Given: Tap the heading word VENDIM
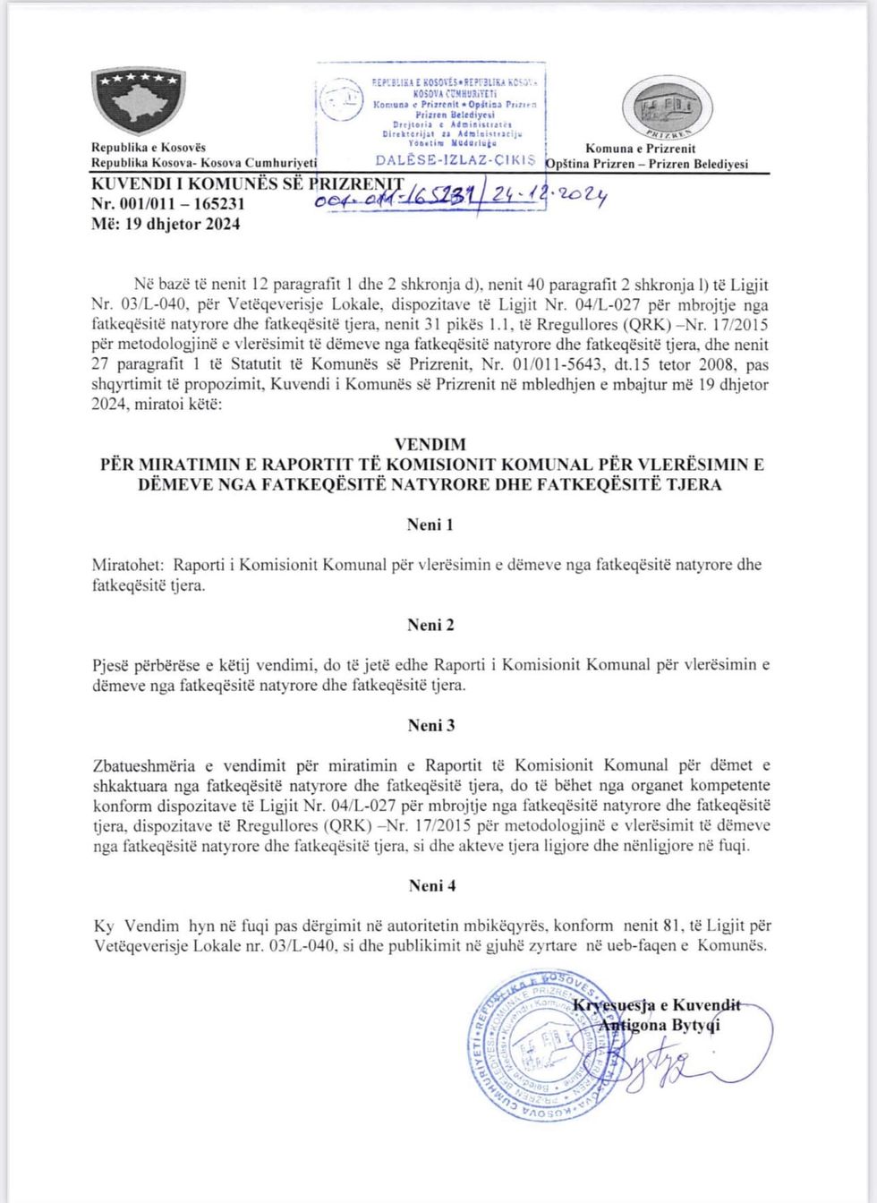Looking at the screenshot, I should point(430,444).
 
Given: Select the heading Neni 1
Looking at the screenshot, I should point(430,525).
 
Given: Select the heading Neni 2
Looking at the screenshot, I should point(430,625).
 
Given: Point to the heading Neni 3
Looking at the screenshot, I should point(430,725).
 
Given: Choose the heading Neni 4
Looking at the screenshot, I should point(431,885).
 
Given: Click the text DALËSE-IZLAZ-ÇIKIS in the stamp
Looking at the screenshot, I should point(455,160).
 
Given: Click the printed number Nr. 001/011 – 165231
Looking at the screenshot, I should point(168,203).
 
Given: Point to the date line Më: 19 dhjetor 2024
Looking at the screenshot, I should point(166,224).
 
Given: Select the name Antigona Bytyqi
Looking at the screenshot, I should point(659,1025).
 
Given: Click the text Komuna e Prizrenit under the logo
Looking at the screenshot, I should point(640,149).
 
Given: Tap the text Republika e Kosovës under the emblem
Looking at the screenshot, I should point(148,148).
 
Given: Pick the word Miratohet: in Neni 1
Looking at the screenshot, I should point(128,565).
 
